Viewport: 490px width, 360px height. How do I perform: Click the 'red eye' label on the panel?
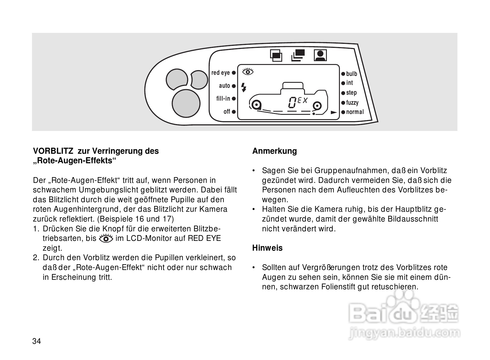220,73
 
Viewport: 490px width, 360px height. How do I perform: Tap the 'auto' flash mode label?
225,86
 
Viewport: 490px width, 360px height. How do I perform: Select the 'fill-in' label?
223,99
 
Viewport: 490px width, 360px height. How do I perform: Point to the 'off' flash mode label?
227,112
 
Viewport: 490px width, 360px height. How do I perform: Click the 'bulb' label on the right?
352,74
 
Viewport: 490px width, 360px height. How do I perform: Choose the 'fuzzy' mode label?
352,102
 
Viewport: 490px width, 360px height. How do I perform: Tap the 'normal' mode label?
355,112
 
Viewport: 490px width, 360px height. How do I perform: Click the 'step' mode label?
351,93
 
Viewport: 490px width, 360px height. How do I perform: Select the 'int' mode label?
349,83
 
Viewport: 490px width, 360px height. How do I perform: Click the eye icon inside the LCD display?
248,71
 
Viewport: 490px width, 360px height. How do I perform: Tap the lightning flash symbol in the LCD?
244,87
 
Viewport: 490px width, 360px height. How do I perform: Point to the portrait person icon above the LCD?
320,55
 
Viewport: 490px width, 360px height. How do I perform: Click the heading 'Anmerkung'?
274,151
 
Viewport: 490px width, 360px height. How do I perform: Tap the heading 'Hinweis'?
267,248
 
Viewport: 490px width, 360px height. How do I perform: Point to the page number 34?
37,342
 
